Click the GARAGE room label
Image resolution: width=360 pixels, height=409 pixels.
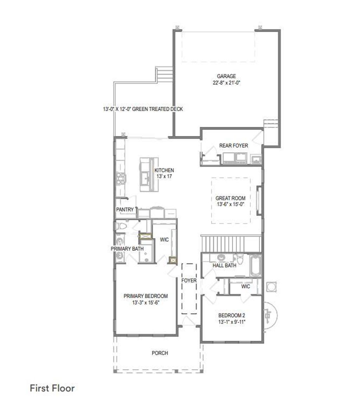click(226, 76)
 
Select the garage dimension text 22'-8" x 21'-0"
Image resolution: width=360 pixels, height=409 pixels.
click(226, 83)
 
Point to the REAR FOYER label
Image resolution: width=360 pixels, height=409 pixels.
click(233, 145)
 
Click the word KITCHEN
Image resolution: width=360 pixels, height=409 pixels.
click(164, 170)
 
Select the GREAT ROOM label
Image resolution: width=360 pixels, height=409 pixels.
click(230, 198)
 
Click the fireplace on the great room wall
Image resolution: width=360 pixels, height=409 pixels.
click(259, 200)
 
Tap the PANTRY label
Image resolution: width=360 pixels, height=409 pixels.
click(125, 210)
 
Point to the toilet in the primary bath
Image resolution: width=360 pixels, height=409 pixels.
click(121, 226)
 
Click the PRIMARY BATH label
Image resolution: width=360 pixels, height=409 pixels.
click(127, 249)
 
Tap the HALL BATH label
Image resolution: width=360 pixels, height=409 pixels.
click(224, 266)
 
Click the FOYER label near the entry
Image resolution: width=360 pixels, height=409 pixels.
click(189, 281)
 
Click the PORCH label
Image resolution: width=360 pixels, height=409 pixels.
click(160, 353)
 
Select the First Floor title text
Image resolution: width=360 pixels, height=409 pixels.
click(52, 388)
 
